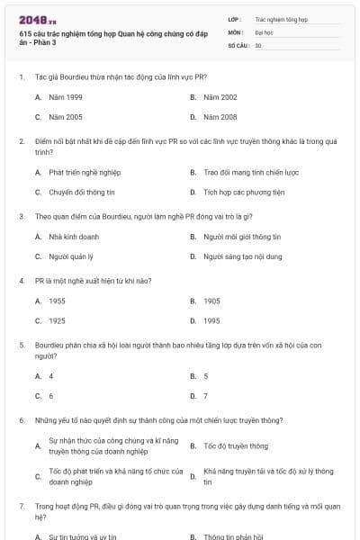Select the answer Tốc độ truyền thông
coord(236,445)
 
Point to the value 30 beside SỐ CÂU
coord(258,44)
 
